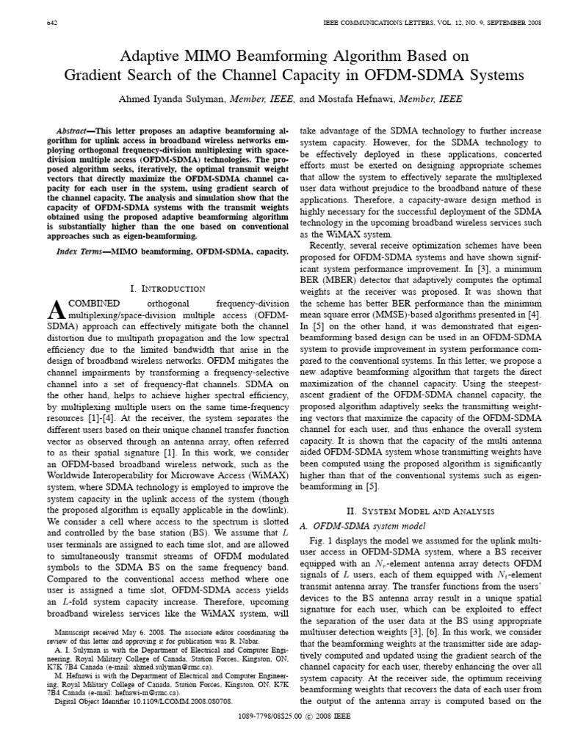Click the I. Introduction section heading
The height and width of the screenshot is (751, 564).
click(168, 289)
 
